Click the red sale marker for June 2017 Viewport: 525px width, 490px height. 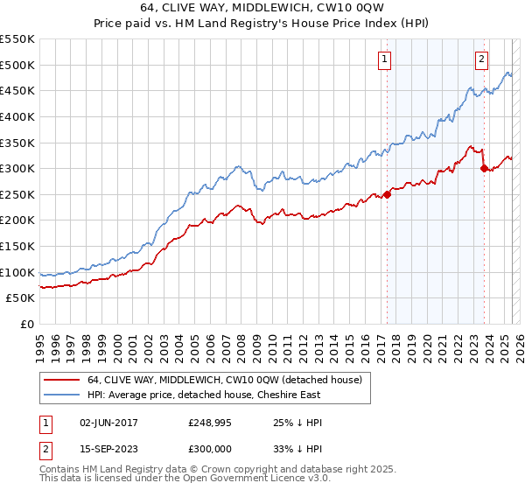(387, 194)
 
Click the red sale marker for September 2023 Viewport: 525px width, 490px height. (484, 168)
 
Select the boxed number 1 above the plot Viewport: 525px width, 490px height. (385, 59)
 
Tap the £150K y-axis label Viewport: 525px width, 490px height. (17, 247)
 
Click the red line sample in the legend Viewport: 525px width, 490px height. (62, 380)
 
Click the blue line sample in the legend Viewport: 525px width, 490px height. (62, 395)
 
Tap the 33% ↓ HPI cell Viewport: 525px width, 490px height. (297, 449)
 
